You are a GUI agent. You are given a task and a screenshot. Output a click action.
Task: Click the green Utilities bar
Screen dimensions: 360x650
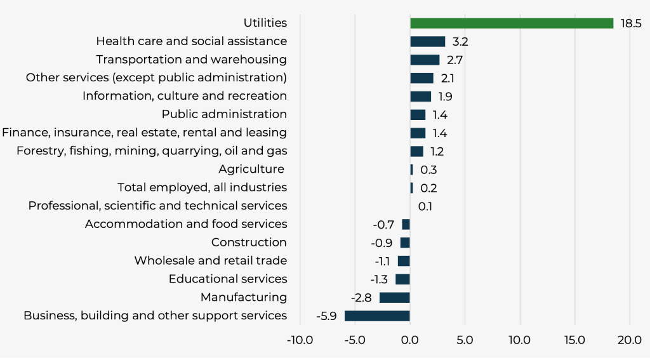(x=512, y=23)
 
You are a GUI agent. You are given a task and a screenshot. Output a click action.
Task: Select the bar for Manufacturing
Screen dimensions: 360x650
(x=395, y=297)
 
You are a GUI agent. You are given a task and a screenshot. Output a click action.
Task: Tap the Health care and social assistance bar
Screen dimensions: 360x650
(x=428, y=41)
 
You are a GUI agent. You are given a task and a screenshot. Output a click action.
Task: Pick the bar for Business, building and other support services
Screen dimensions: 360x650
(x=377, y=316)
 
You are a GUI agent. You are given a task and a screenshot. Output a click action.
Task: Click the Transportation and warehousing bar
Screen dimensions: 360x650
(x=425, y=60)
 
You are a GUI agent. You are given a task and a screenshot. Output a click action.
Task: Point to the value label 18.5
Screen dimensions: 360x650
(x=628, y=23)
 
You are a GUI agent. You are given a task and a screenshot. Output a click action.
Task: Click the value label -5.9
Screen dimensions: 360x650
(x=326, y=316)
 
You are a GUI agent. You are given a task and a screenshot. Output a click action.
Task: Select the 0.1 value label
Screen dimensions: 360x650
(x=425, y=206)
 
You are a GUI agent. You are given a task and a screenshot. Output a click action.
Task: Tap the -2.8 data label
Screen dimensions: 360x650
(x=361, y=297)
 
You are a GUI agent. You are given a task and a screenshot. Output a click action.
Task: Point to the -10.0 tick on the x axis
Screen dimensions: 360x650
(x=300, y=340)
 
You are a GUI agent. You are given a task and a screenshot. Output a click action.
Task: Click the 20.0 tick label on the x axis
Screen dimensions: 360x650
(x=630, y=340)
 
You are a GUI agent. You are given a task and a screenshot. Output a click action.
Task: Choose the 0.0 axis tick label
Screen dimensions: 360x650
(x=410, y=340)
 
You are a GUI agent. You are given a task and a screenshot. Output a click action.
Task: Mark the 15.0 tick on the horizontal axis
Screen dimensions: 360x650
(x=574, y=340)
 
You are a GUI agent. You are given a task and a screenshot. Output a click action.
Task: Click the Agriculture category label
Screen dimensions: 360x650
(x=251, y=169)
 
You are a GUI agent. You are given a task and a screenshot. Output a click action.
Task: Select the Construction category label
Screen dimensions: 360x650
(x=249, y=242)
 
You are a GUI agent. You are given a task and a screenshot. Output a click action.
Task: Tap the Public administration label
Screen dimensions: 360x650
(x=224, y=114)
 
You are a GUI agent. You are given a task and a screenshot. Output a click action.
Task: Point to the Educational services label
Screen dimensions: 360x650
(x=228, y=279)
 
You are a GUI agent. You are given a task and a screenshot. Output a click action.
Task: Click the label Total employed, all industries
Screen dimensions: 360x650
(x=202, y=187)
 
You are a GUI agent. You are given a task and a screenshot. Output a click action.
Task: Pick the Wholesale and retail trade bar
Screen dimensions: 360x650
(x=404, y=261)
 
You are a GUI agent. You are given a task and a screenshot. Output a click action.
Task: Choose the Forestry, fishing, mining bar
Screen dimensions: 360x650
(x=416, y=151)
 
